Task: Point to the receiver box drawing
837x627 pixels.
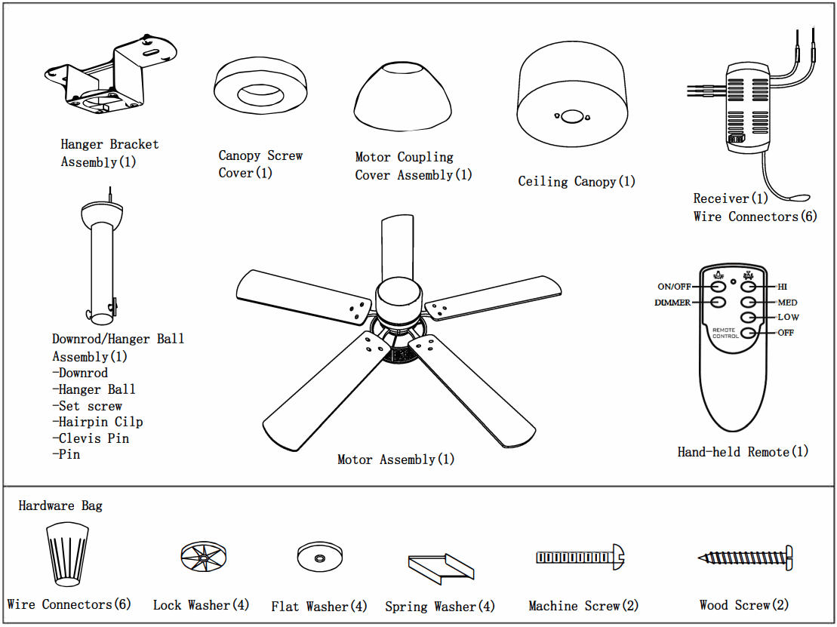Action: tap(746, 109)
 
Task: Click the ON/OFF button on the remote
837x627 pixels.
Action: tap(717, 287)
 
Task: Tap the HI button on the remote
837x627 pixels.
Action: tap(748, 287)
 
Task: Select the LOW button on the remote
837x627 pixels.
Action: tap(748, 318)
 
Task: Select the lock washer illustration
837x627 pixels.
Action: tap(204, 558)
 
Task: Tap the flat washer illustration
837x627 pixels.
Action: tap(320, 558)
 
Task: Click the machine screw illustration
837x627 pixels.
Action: tap(580, 558)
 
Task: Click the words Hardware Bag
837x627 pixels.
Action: tap(60, 506)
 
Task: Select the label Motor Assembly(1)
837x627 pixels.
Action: tap(395, 459)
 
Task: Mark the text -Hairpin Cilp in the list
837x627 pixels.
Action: tap(97, 422)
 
